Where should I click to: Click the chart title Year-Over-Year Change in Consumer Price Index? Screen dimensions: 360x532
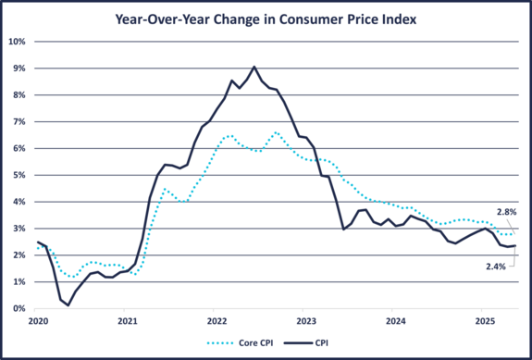266,18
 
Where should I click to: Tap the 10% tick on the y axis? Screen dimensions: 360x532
17,42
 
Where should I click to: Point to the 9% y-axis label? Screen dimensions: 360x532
19,68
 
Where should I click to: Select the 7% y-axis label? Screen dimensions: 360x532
19,121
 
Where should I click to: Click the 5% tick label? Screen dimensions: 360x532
19,175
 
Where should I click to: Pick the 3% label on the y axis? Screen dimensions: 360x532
19,229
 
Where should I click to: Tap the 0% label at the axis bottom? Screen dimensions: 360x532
19,308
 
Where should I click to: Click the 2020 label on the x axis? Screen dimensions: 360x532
38,320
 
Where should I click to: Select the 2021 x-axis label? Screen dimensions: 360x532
128,320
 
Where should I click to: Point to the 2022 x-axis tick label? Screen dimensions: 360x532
217,320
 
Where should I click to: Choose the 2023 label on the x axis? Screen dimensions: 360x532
306,320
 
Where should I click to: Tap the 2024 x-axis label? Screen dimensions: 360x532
395,320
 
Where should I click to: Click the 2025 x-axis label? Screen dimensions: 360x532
483,320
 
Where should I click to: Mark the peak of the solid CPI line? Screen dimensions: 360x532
254,67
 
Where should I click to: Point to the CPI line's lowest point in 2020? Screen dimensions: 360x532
68,304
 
